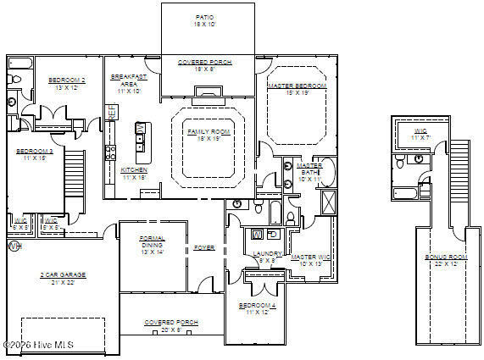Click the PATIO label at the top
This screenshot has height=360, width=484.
204,16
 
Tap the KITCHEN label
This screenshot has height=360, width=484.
134,169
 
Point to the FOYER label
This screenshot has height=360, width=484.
204,247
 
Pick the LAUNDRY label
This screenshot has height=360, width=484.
263,253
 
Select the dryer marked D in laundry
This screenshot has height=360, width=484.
272,233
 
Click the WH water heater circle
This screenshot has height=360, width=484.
13,246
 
